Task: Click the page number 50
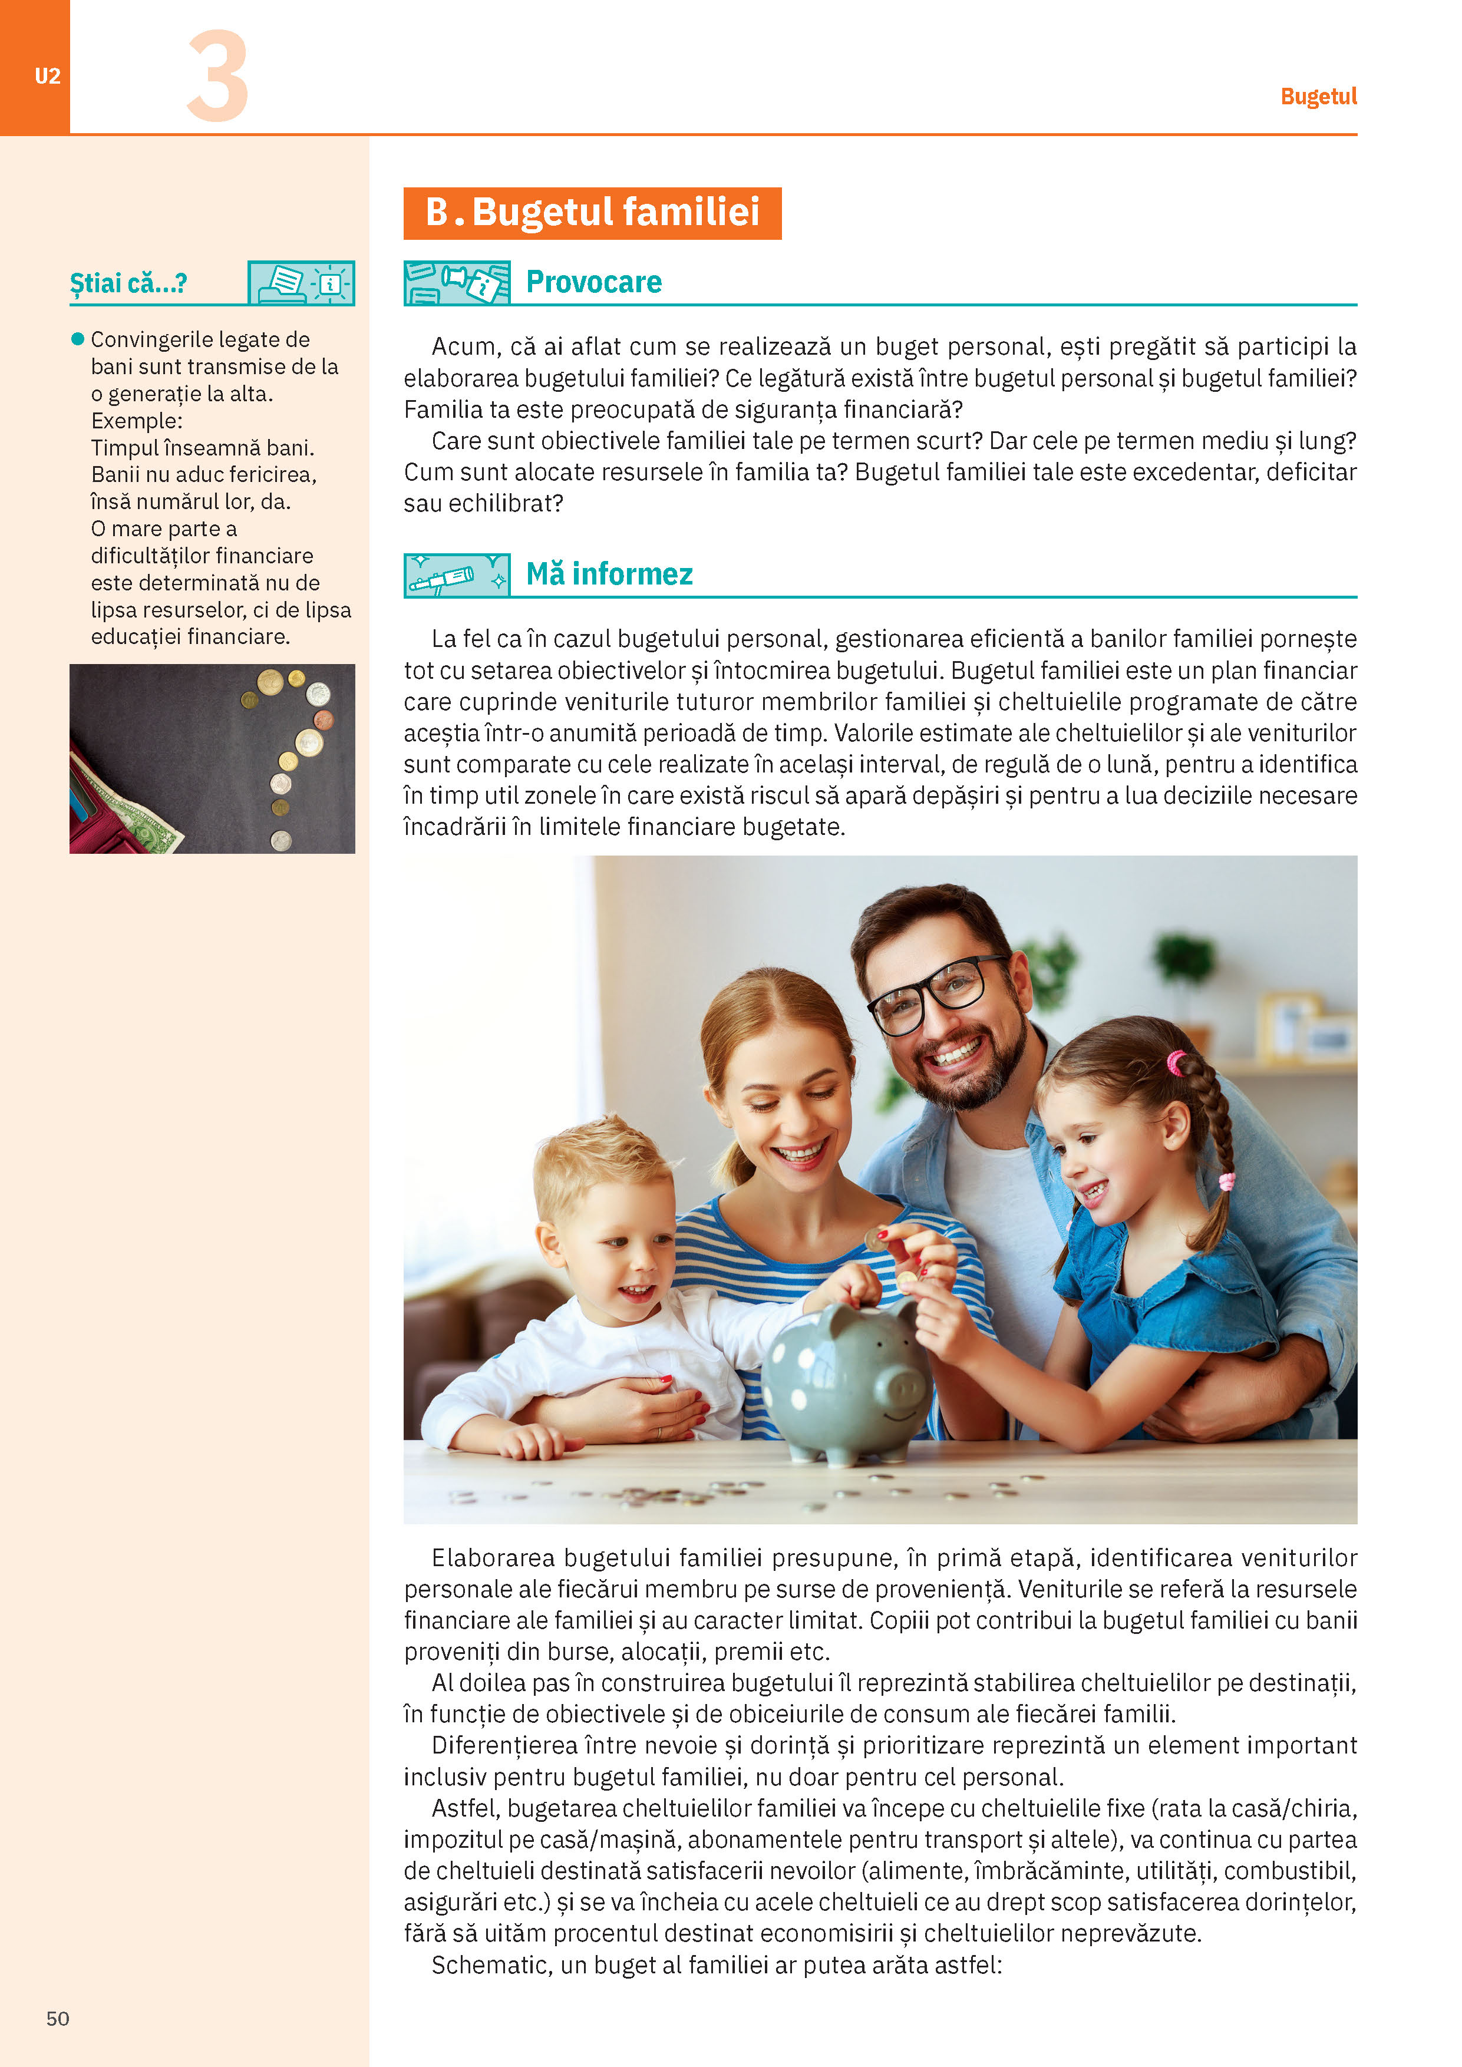click(x=58, y=2018)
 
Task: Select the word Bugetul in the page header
click(x=1318, y=96)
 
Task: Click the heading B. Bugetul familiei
click(x=592, y=213)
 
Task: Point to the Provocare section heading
click(x=593, y=282)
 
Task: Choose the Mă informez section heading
click(x=609, y=573)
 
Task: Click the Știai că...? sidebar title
click(x=128, y=283)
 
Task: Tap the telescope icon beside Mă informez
click(x=457, y=575)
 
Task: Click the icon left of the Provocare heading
click(x=457, y=283)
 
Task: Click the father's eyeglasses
click(x=936, y=995)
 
